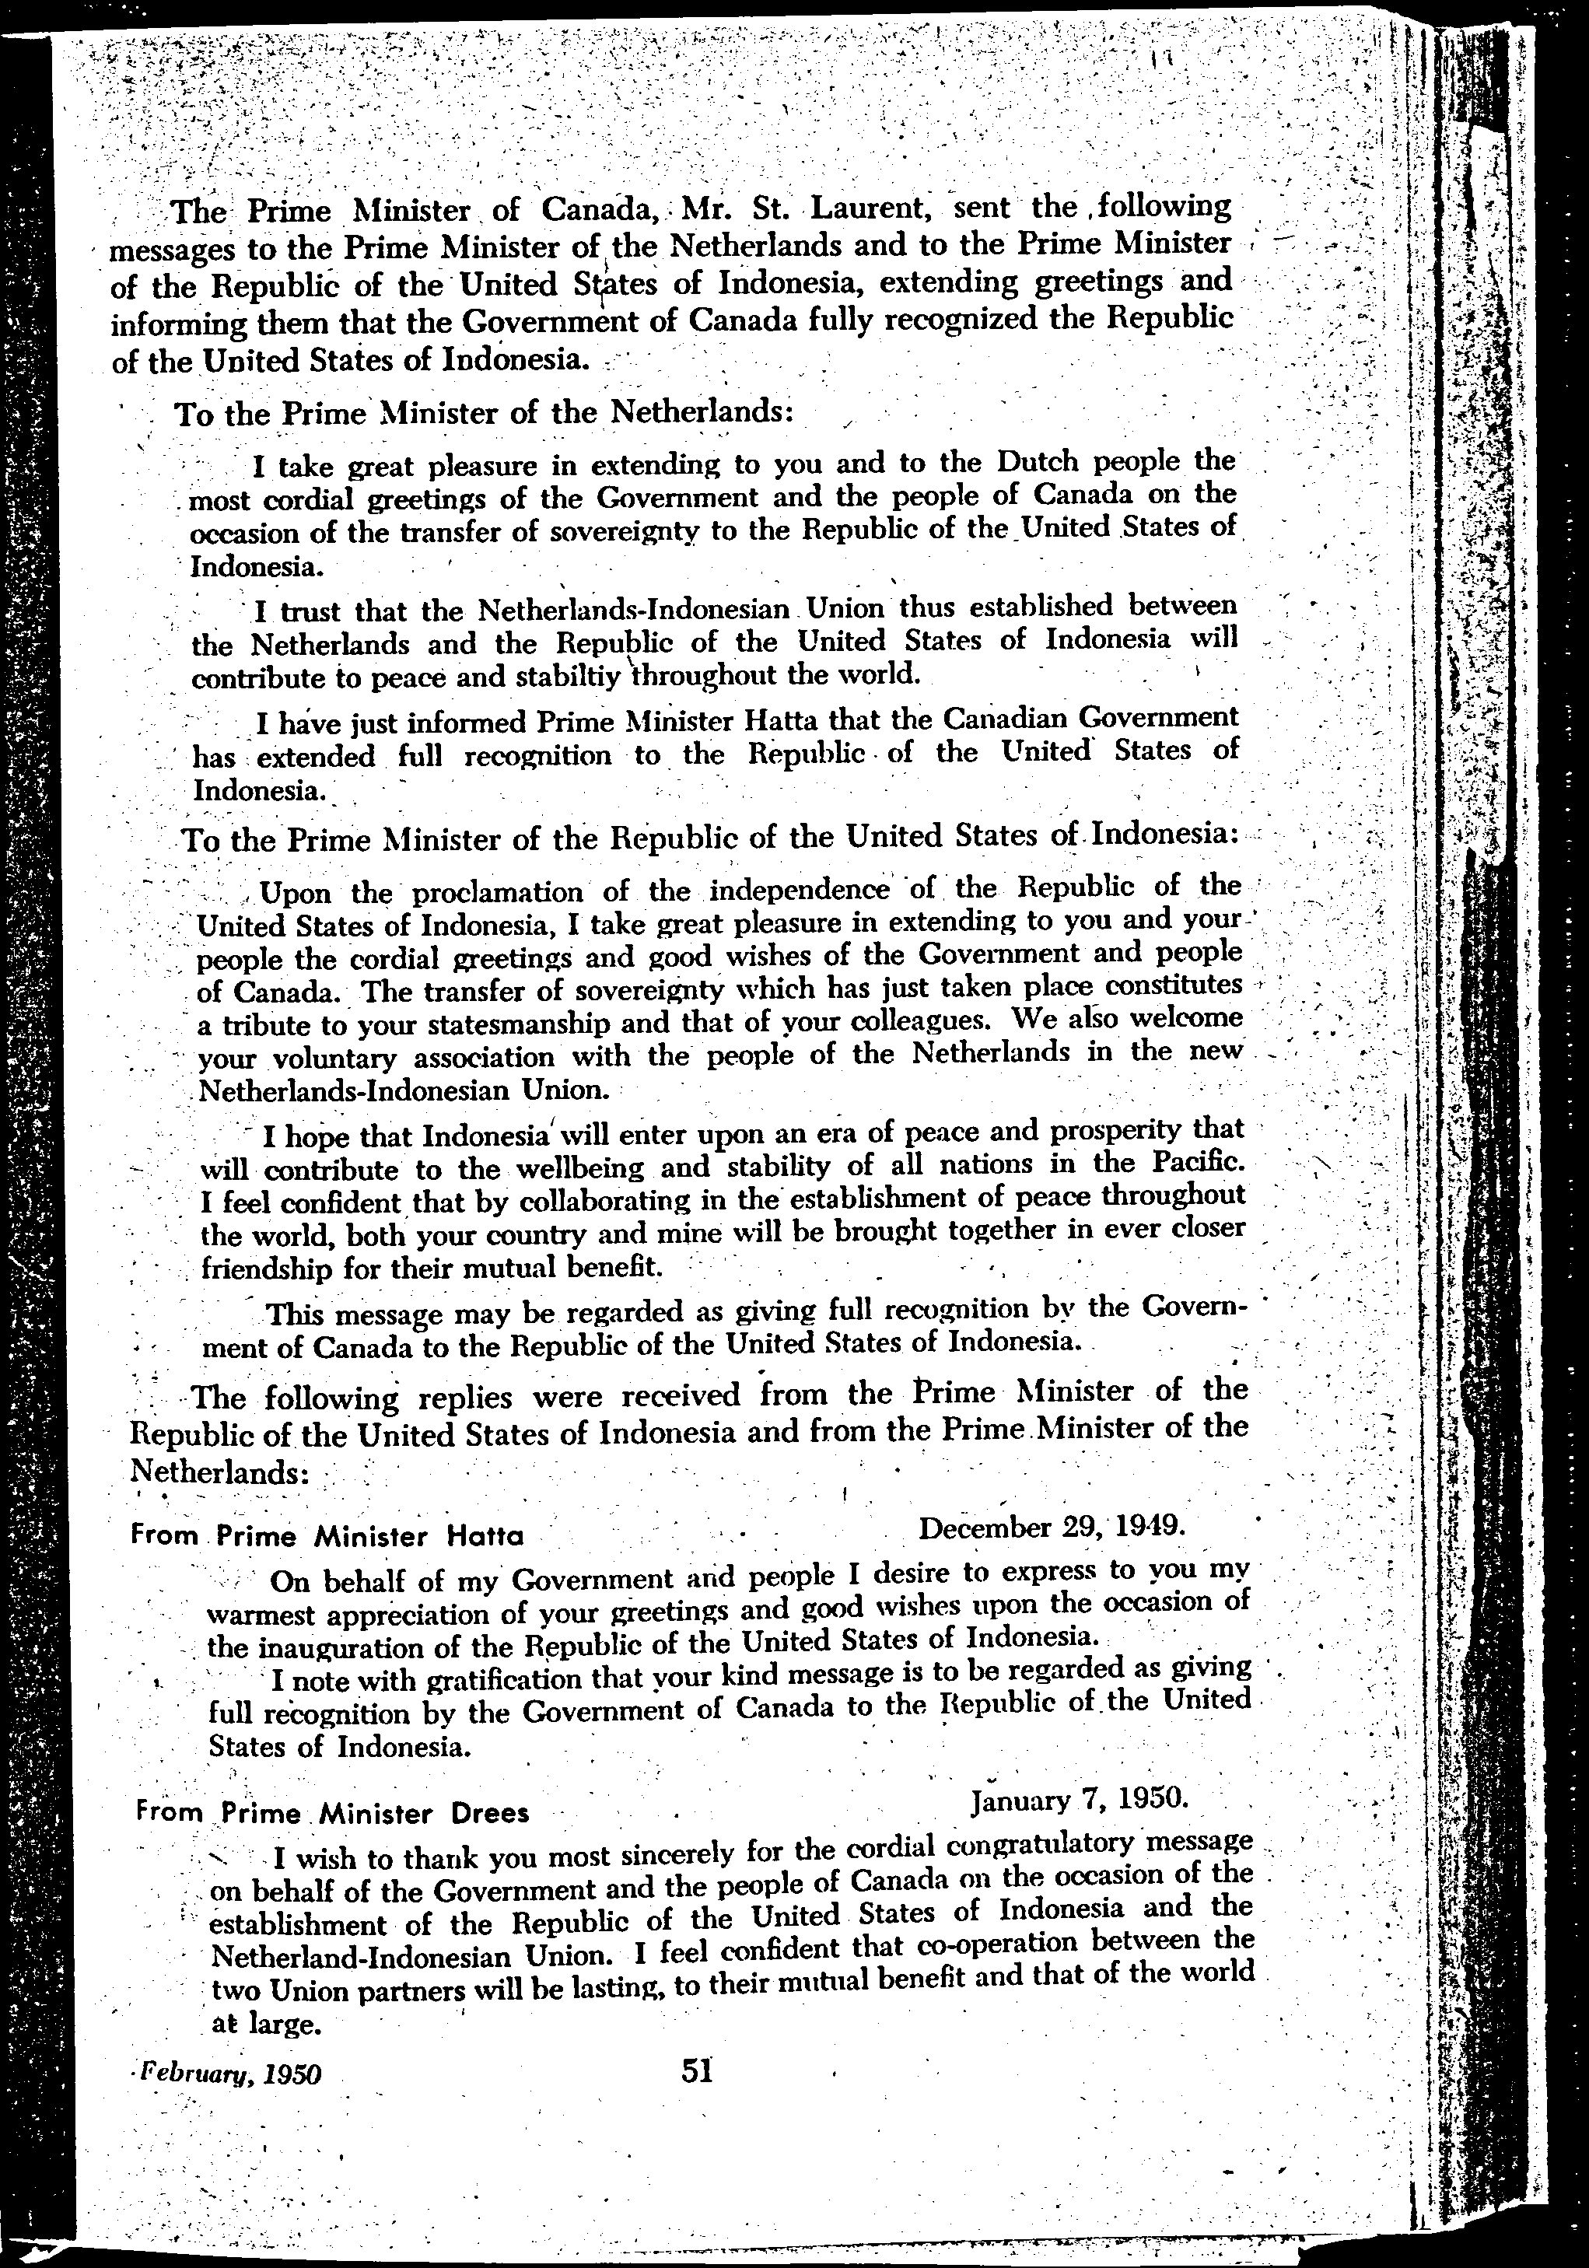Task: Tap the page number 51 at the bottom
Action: [697, 2068]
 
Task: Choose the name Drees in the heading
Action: [490, 1814]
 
